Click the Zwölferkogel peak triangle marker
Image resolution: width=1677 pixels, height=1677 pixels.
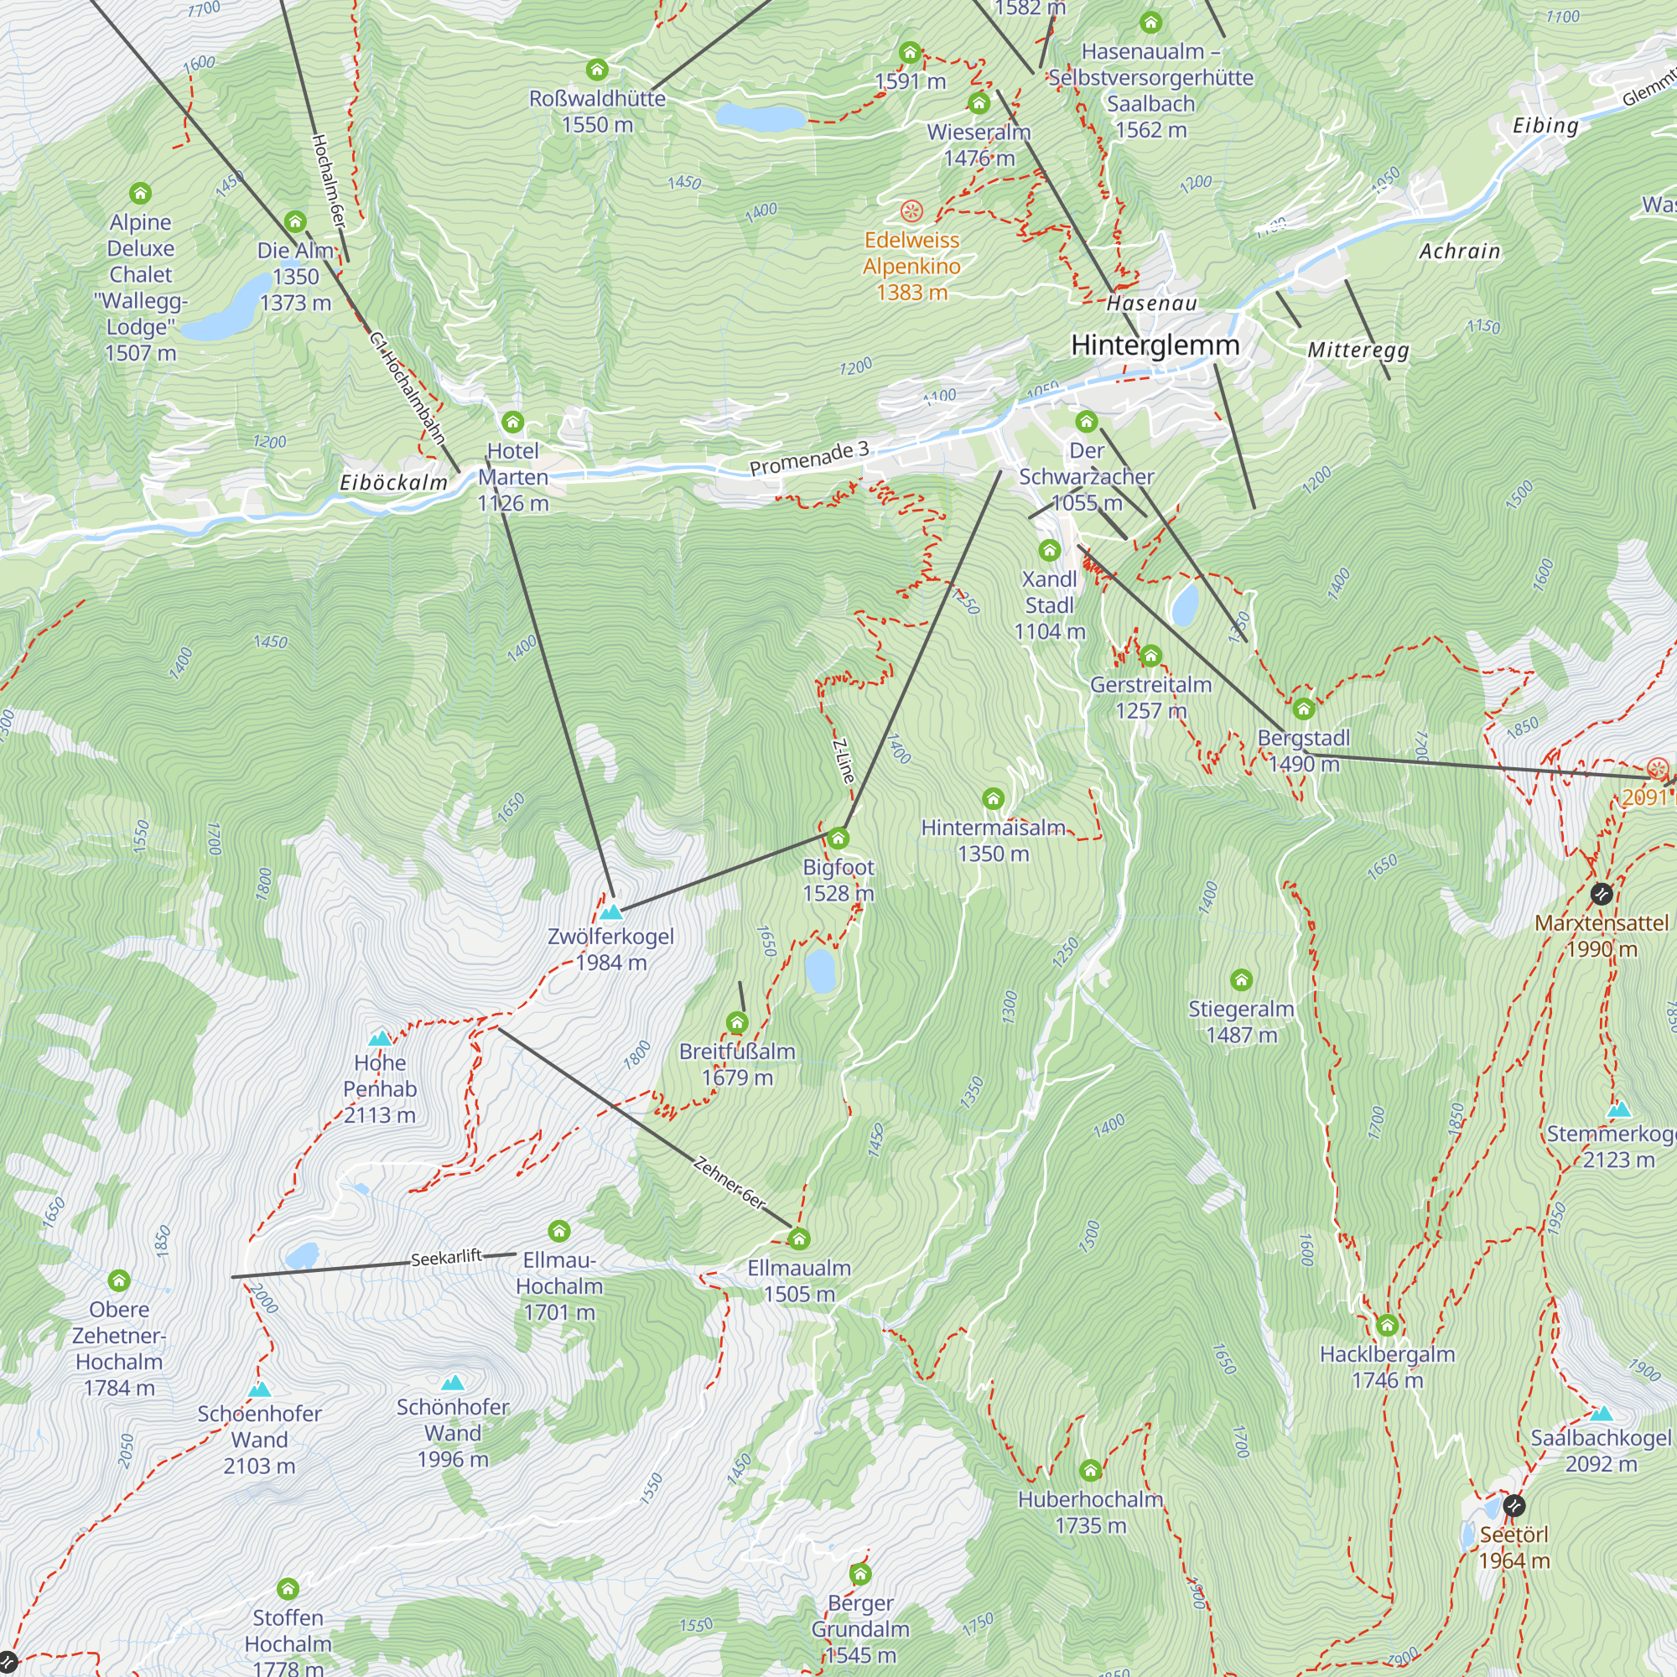tap(611, 912)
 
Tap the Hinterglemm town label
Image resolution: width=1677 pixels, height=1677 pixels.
tap(1155, 345)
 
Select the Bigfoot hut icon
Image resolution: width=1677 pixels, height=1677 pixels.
tap(838, 838)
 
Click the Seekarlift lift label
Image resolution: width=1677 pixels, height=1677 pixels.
tap(446, 1258)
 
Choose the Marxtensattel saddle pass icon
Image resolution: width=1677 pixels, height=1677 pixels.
tap(1602, 893)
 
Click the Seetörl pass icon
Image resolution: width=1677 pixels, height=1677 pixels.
tap(1513, 1505)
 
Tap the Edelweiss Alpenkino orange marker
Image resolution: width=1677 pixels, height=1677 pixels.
tap(911, 211)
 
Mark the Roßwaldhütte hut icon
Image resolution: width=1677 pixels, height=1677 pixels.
tap(597, 70)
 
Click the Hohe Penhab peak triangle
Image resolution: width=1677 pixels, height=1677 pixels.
tap(379, 1038)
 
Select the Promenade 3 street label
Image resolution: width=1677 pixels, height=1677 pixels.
tap(809, 458)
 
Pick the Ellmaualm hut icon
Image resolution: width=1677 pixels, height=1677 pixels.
tap(798, 1238)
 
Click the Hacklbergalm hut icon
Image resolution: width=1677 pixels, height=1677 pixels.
tap(1387, 1325)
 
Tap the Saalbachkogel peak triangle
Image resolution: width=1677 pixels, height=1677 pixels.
tap(1602, 1413)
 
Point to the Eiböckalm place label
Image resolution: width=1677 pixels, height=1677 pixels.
tap(393, 483)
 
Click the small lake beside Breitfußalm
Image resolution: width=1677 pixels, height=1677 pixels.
tap(819, 969)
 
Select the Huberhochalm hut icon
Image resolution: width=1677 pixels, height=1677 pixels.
tap(1090, 1471)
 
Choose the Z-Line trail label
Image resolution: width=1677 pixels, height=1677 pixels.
tap(844, 761)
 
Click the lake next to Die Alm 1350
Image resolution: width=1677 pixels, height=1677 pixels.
tap(227, 308)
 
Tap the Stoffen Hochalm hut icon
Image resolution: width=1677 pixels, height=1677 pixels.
tap(288, 1589)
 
